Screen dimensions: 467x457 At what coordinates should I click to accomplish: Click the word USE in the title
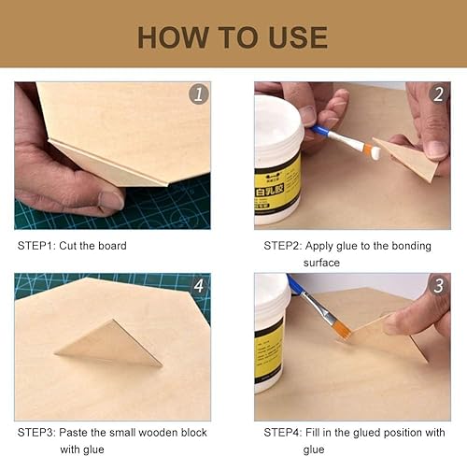click(298, 37)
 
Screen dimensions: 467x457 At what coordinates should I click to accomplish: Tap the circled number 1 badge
click(199, 93)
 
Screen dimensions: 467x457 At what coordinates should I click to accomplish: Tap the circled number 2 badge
click(438, 93)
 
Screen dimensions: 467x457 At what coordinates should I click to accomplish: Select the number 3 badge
click(438, 285)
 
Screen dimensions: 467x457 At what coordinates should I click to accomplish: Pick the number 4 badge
click(199, 285)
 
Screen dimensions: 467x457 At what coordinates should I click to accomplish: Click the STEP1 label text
click(36, 246)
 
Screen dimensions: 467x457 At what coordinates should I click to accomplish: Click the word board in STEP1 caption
click(113, 246)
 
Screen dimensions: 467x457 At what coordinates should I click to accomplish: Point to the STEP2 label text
click(283, 246)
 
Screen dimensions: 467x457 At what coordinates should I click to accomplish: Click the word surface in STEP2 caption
click(321, 263)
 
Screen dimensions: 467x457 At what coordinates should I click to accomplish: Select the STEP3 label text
click(36, 433)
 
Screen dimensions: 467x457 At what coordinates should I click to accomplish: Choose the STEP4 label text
click(283, 433)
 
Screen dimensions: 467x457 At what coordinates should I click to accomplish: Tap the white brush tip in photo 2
click(375, 151)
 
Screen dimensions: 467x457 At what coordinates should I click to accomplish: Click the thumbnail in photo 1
click(111, 200)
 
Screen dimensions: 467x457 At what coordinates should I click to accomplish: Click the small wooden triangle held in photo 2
click(411, 158)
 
